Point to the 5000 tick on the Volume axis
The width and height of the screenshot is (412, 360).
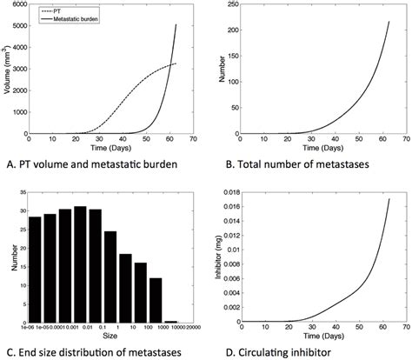(x=23, y=25)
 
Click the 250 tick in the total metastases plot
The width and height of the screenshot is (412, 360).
(x=229, y=5)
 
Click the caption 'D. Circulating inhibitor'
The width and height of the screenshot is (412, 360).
(x=273, y=352)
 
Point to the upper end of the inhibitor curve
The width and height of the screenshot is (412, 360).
(x=389, y=199)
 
